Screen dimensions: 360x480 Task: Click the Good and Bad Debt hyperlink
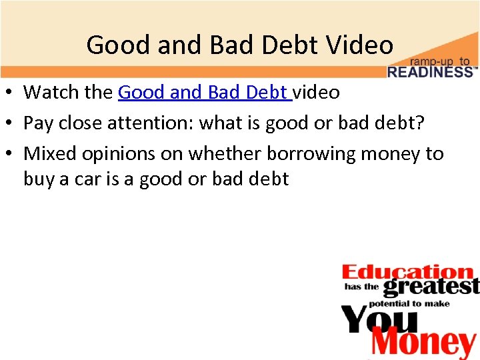(204, 92)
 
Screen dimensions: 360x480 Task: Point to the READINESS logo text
(431, 72)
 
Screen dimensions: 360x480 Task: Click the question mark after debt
(421, 123)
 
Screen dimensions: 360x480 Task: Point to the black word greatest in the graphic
(431, 287)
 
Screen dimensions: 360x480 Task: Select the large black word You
(379, 319)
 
